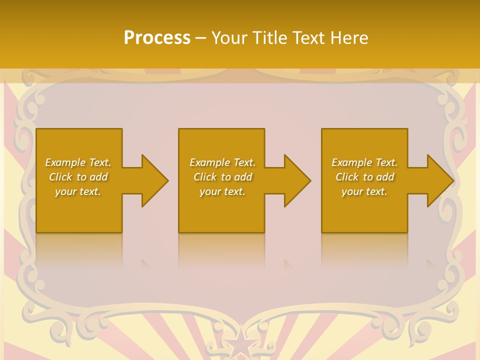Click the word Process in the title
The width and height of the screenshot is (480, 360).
pyautogui.click(x=157, y=38)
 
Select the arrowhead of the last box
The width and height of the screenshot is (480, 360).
pyautogui.click(x=439, y=180)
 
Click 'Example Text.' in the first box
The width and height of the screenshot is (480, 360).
pyautogui.click(x=78, y=162)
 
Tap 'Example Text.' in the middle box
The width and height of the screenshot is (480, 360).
pyautogui.click(x=222, y=162)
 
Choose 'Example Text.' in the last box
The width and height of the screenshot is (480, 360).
pyautogui.click(x=364, y=162)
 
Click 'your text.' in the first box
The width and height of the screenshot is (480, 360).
pyautogui.click(x=78, y=191)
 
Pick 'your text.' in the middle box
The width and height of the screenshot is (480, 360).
pyautogui.click(x=222, y=191)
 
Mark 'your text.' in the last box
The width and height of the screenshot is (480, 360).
pyautogui.click(x=364, y=191)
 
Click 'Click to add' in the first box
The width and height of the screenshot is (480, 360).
pyautogui.click(x=78, y=177)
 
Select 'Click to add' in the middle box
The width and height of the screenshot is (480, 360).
pyautogui.click(x=222, y=177)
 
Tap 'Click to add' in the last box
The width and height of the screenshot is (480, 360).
pyautogui.click(x=364, y=177)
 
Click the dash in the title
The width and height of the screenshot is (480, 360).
pyautogui.click(x=201, y=38)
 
